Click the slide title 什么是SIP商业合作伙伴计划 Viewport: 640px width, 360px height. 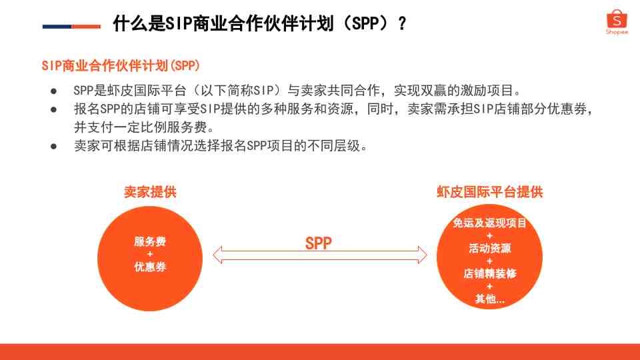[224, 23]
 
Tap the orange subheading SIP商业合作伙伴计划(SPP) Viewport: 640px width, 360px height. [121, 66]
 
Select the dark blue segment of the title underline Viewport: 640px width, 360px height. [57, 27]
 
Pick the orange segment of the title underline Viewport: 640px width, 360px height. [86, 27]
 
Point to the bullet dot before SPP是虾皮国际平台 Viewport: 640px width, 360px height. [53, 91]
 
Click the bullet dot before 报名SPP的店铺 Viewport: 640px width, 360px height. [53, 109]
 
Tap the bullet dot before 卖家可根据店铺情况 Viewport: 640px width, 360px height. [53, 146]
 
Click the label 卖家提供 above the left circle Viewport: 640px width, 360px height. [150, 192]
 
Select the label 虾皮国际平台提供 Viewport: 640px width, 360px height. [490, 192]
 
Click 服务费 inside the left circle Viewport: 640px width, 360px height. [150, 241]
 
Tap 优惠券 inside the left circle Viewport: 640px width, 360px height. [150, 267]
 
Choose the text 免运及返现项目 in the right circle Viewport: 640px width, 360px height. [489, 223]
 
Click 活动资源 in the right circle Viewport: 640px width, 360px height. [490, 248]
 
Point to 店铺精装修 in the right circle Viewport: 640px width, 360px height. [490, 273]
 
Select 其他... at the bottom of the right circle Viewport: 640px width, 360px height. [490, 299]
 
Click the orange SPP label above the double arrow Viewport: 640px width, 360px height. [319, 243]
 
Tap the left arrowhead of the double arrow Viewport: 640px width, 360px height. [217, 255]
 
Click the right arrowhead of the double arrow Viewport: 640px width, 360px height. [423, 255]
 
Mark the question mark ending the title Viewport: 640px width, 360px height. [403, 24]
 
